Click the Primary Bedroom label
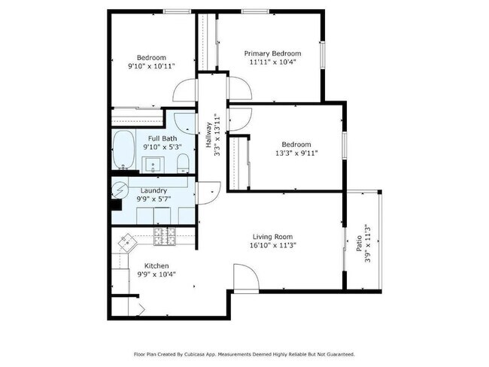tap(273, 53)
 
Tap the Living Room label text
tap(272, 235)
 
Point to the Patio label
tap(359, 244)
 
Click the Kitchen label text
tap(156, 265)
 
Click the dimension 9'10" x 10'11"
tap(151, 66)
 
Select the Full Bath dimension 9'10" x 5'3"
tap(162, 147)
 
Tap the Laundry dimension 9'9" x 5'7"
tap(153, 199)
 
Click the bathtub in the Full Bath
tap(123, 150)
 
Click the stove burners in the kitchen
tap(165, 238)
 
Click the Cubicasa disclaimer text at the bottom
tap(244, 353)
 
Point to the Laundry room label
tap(153, 191)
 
